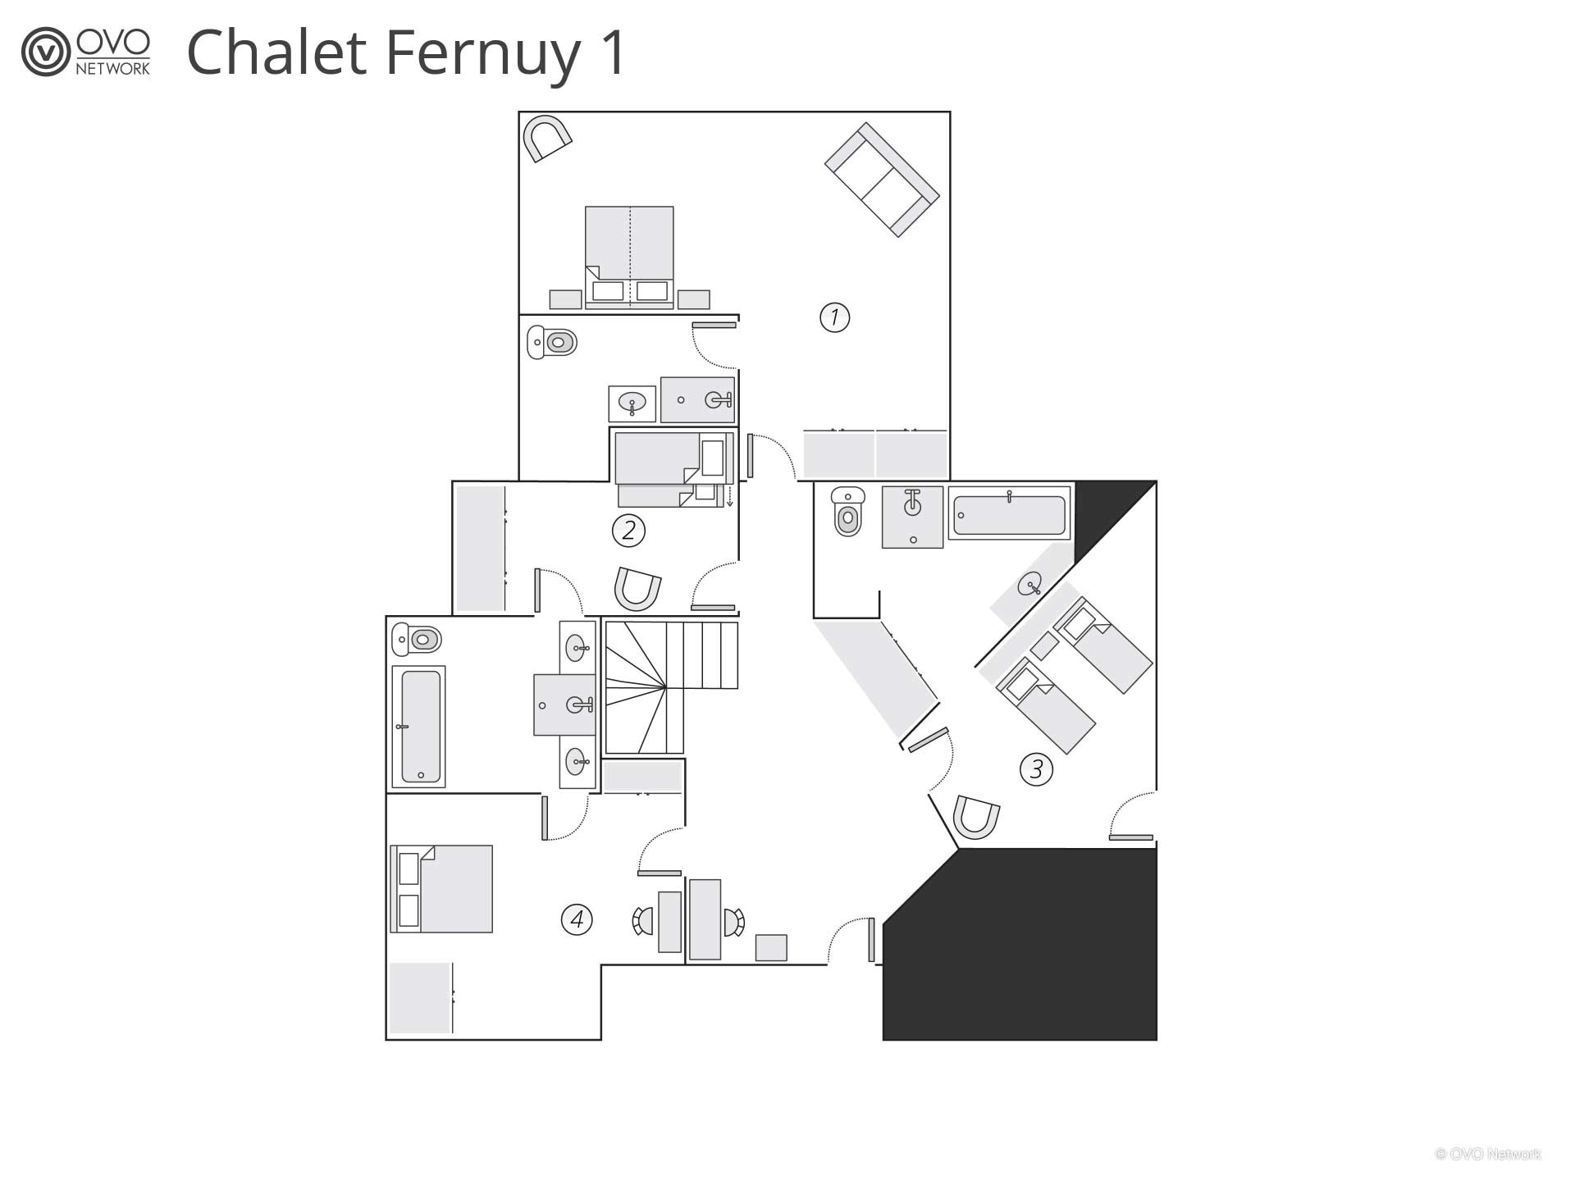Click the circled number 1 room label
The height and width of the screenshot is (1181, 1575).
[x=834, y=317]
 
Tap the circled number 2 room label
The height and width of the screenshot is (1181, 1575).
[x=628, y=531]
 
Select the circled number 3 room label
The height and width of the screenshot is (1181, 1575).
[x=1036, y=769]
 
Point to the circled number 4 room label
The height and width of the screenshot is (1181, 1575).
[x=577, y=919]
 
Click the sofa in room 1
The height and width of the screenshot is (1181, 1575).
[x=882, y=180]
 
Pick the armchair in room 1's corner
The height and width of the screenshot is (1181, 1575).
[x=547, y=137]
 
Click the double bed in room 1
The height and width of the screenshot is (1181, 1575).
[x=629, y=258]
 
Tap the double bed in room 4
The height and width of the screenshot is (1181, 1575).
[x=441, y=889]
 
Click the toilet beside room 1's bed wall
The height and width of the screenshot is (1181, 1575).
[x=552, y=342]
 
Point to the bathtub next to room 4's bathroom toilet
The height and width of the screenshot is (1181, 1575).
[x=418, y=727]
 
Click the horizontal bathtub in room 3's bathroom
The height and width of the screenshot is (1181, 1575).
[x=1010, y=513]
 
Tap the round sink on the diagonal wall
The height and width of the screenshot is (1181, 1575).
[x=1030, y=584]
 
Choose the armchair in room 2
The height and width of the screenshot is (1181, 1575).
[x=638, y=589]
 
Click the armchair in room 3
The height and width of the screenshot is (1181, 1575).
[x=976, y=817]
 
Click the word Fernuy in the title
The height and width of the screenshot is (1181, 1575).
[x=481, y=52]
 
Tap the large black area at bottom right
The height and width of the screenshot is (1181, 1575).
[x=1020, y=944]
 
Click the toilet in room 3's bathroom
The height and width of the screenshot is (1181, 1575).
[x=848, y=511]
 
